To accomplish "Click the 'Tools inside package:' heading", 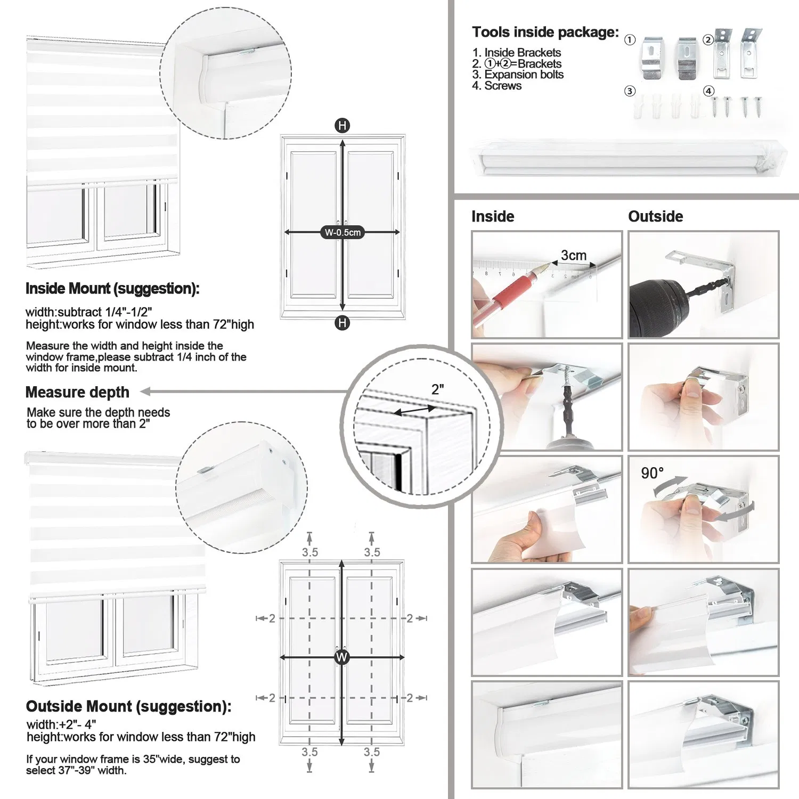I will (x=545, y=32).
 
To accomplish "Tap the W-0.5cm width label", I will (x=343, y=232).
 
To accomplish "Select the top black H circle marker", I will (x=342, y=126).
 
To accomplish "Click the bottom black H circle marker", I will (x=342, y=323).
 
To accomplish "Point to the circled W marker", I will (x=341, y=657).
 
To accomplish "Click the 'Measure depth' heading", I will (x=77, y=392).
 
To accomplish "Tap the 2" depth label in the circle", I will (x=437, y=389).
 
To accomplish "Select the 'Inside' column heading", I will (x=493, y=216).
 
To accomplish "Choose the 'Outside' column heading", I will (x=655, y=216).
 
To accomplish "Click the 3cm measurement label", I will (x=573, y=255).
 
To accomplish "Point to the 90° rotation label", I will (x=652, y=473).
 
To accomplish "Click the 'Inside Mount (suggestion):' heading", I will (x=112, y=289).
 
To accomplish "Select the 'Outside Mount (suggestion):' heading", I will (x=128, y=706).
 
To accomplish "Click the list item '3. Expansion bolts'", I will (x=517, y=75).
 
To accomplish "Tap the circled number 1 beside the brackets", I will (x=630, y=40).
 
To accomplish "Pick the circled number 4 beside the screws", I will (x=708, y=91).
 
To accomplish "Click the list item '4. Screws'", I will (x=496, y=86).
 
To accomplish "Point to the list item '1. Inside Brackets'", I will (x=516, y=52).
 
